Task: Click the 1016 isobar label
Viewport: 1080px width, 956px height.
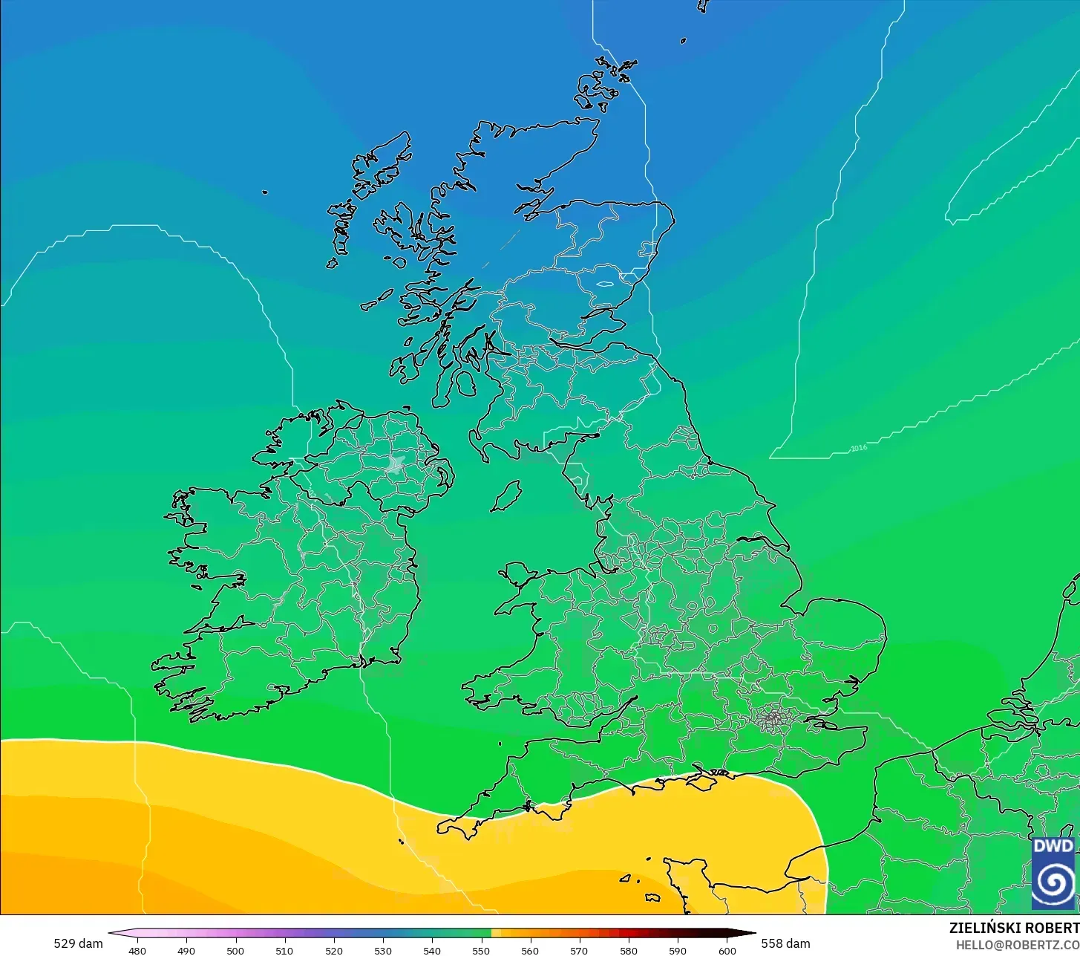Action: pos(859,448)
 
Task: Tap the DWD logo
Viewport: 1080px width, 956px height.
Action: pos(1053,873)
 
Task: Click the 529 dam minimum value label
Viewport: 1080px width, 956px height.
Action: pos(78,943)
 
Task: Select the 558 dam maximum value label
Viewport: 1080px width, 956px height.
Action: pos(785,943)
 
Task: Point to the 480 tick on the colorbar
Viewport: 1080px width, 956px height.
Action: pos(137,951)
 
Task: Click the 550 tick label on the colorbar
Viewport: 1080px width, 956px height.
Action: pos(481,951)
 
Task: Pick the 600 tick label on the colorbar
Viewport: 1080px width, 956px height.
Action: pos(727,951)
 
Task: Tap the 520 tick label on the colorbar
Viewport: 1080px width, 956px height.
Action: pos(333,951)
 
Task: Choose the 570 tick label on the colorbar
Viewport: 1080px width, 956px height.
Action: pos(579,951)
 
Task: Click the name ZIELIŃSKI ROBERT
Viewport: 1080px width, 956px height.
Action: pos(1014,928)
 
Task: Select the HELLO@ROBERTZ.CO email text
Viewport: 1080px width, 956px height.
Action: pos(1017,944)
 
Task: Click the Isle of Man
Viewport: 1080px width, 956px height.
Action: pos(506,495)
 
